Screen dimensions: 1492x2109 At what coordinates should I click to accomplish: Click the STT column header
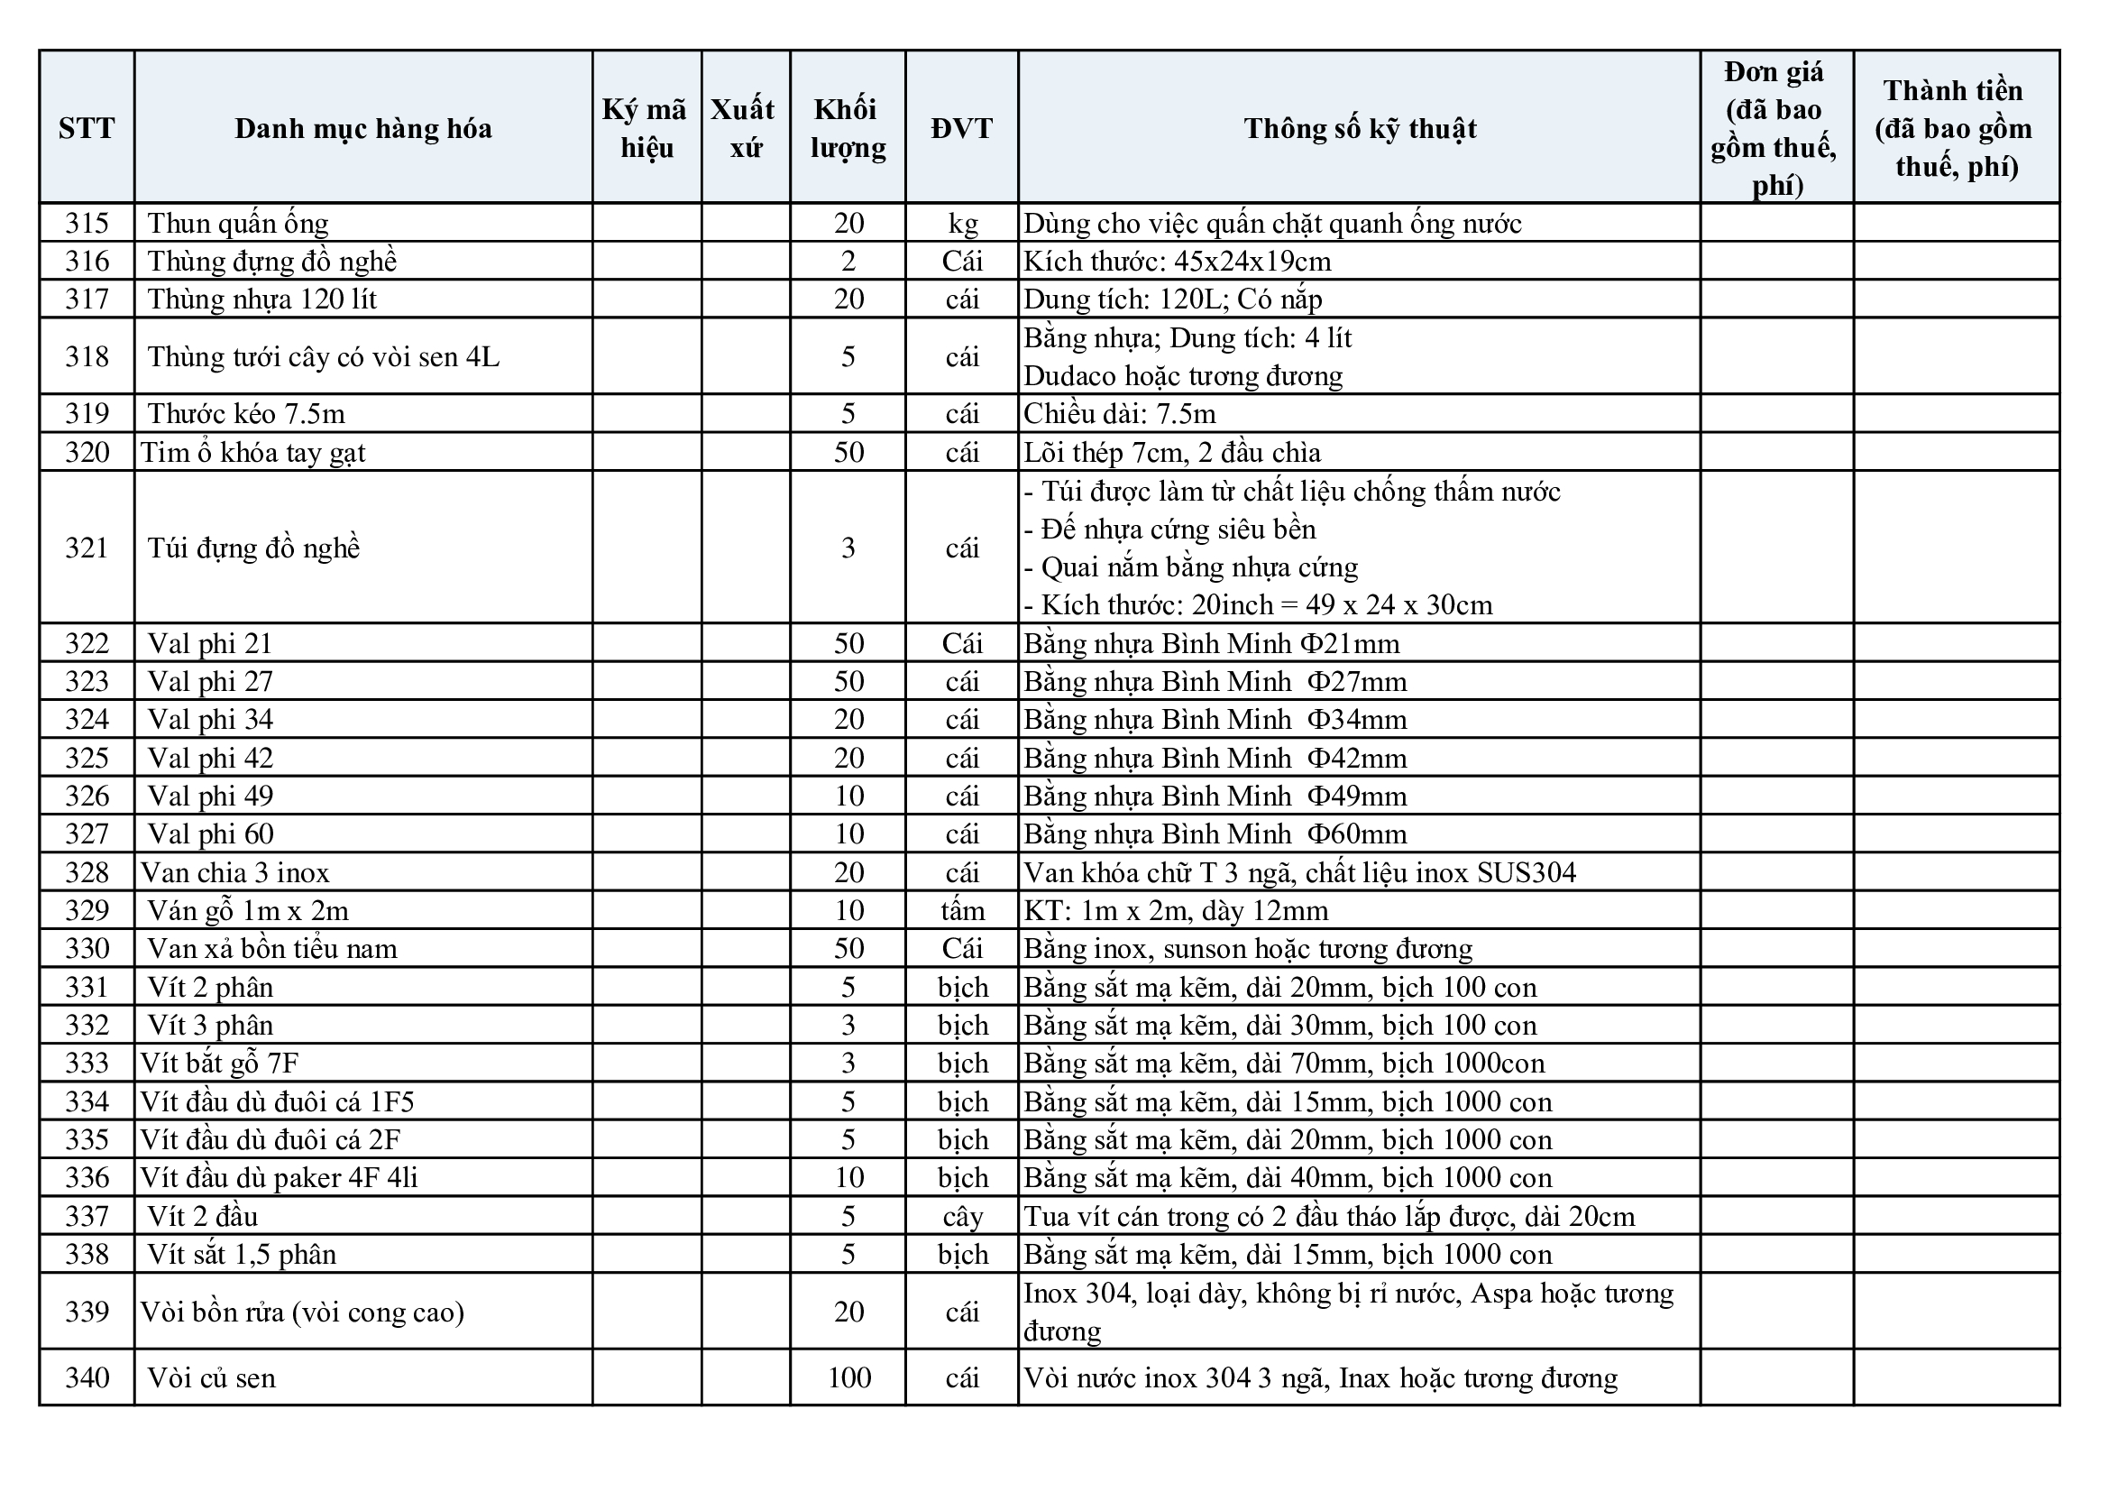(x=87, y=128)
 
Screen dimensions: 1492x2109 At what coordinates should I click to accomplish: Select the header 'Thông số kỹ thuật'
(x=1360, y=128)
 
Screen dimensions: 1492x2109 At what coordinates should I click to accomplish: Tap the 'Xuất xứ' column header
(x=745, y=128)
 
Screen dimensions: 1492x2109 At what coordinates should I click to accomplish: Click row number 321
(x=87, y=548)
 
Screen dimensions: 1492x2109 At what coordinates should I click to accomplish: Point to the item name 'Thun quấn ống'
(x=237, y=223)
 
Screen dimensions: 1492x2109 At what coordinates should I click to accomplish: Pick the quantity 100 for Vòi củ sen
(x=848, y=1377)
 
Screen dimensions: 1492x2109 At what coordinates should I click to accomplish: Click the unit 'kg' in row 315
(x=962, y=223)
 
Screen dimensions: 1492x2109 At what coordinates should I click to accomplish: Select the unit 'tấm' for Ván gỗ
(x=962, y=910)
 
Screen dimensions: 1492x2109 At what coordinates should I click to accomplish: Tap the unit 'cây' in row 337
(x=962, y=1216)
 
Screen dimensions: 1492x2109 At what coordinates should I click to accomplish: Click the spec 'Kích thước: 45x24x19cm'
(x=1177, y=262)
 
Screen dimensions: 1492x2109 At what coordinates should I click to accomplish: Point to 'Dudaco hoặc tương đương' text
(x=1182, y=376)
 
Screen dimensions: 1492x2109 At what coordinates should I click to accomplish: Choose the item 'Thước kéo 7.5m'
(x=245, y=414)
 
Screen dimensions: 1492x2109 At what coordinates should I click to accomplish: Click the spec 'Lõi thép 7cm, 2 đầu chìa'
(x=1171, y=452)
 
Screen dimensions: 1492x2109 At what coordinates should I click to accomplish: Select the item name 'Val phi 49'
(x=209, y=796)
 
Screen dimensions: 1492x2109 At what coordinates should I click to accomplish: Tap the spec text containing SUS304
(x=1298, y=872)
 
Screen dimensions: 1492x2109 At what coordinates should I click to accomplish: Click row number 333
(x=87, y=1063)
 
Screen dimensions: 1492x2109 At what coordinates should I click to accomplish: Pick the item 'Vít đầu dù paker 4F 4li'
(x=279, y=1178)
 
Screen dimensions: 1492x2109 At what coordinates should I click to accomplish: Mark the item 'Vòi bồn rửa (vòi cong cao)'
(x=302, y=1311)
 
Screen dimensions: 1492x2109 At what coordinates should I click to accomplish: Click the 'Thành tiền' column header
(x=1955, y=128)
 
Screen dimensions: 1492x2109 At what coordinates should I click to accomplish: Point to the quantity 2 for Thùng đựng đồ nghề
(x=848, y=262)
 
